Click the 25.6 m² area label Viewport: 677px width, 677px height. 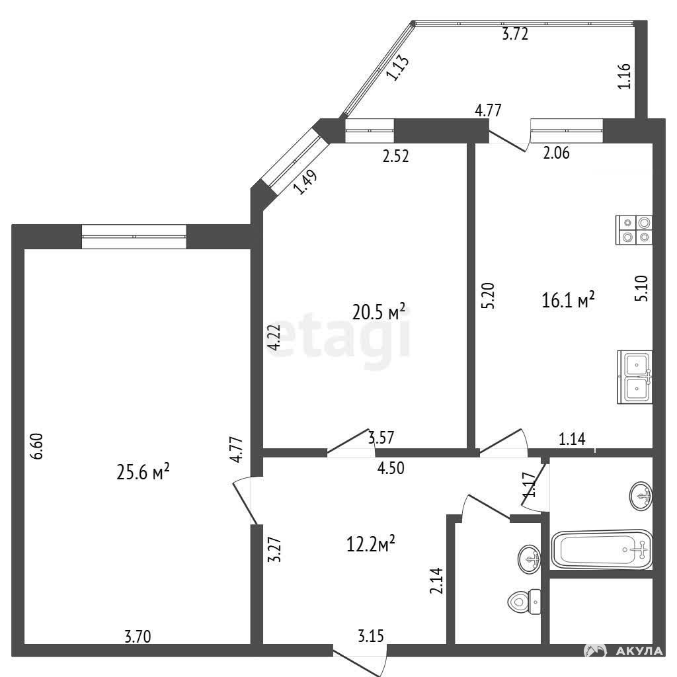coord(143,471)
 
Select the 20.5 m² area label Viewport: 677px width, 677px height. coord(379,312)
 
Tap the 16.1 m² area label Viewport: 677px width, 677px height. coord(568,299)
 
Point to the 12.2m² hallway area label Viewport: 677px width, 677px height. coord(371,544)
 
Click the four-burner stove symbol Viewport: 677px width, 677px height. coord(634,229)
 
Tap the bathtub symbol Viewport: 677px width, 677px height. coord(602,549)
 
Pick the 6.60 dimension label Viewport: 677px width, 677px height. coord(38,446)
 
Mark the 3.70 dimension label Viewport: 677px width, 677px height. coord(138,637)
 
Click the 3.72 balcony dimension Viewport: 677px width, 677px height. coord(515,34)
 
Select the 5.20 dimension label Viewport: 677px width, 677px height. coord(488,296)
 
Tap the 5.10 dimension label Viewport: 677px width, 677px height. coord(642,288)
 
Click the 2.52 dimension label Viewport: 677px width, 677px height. coord(395,156)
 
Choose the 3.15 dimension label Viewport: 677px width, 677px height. coord(370,635)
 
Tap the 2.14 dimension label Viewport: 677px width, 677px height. coord(436,580)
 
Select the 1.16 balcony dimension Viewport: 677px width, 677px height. coord(624,76)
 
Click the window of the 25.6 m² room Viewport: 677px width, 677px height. coord(134,237)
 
